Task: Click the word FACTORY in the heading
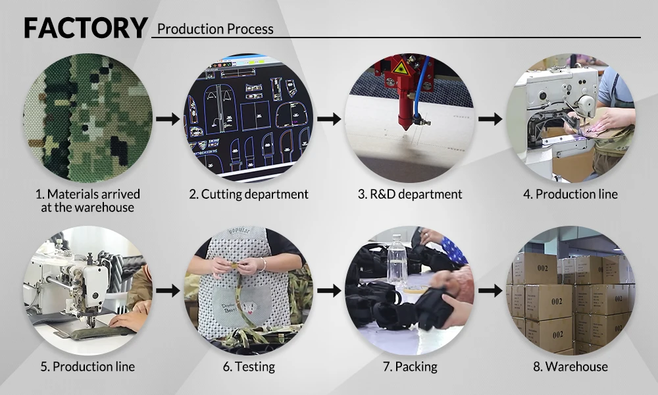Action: click(86, 28)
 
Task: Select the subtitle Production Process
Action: click(215, 29)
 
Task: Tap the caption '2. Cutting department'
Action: click(249, 194)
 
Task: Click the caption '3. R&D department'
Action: click(410, 194)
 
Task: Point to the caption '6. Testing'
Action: click(249, 367)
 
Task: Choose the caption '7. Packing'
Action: click(410, 367)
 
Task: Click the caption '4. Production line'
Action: click(570, 194)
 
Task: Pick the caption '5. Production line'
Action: click(88, 367)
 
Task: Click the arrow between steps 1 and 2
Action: click(168, 119)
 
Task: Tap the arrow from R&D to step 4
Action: click(490, 119)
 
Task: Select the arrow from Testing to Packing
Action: click(329, 290)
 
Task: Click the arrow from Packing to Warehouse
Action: click(490, 290)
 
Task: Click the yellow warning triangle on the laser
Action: click(400, 68)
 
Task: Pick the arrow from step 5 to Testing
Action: click(168, 290)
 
